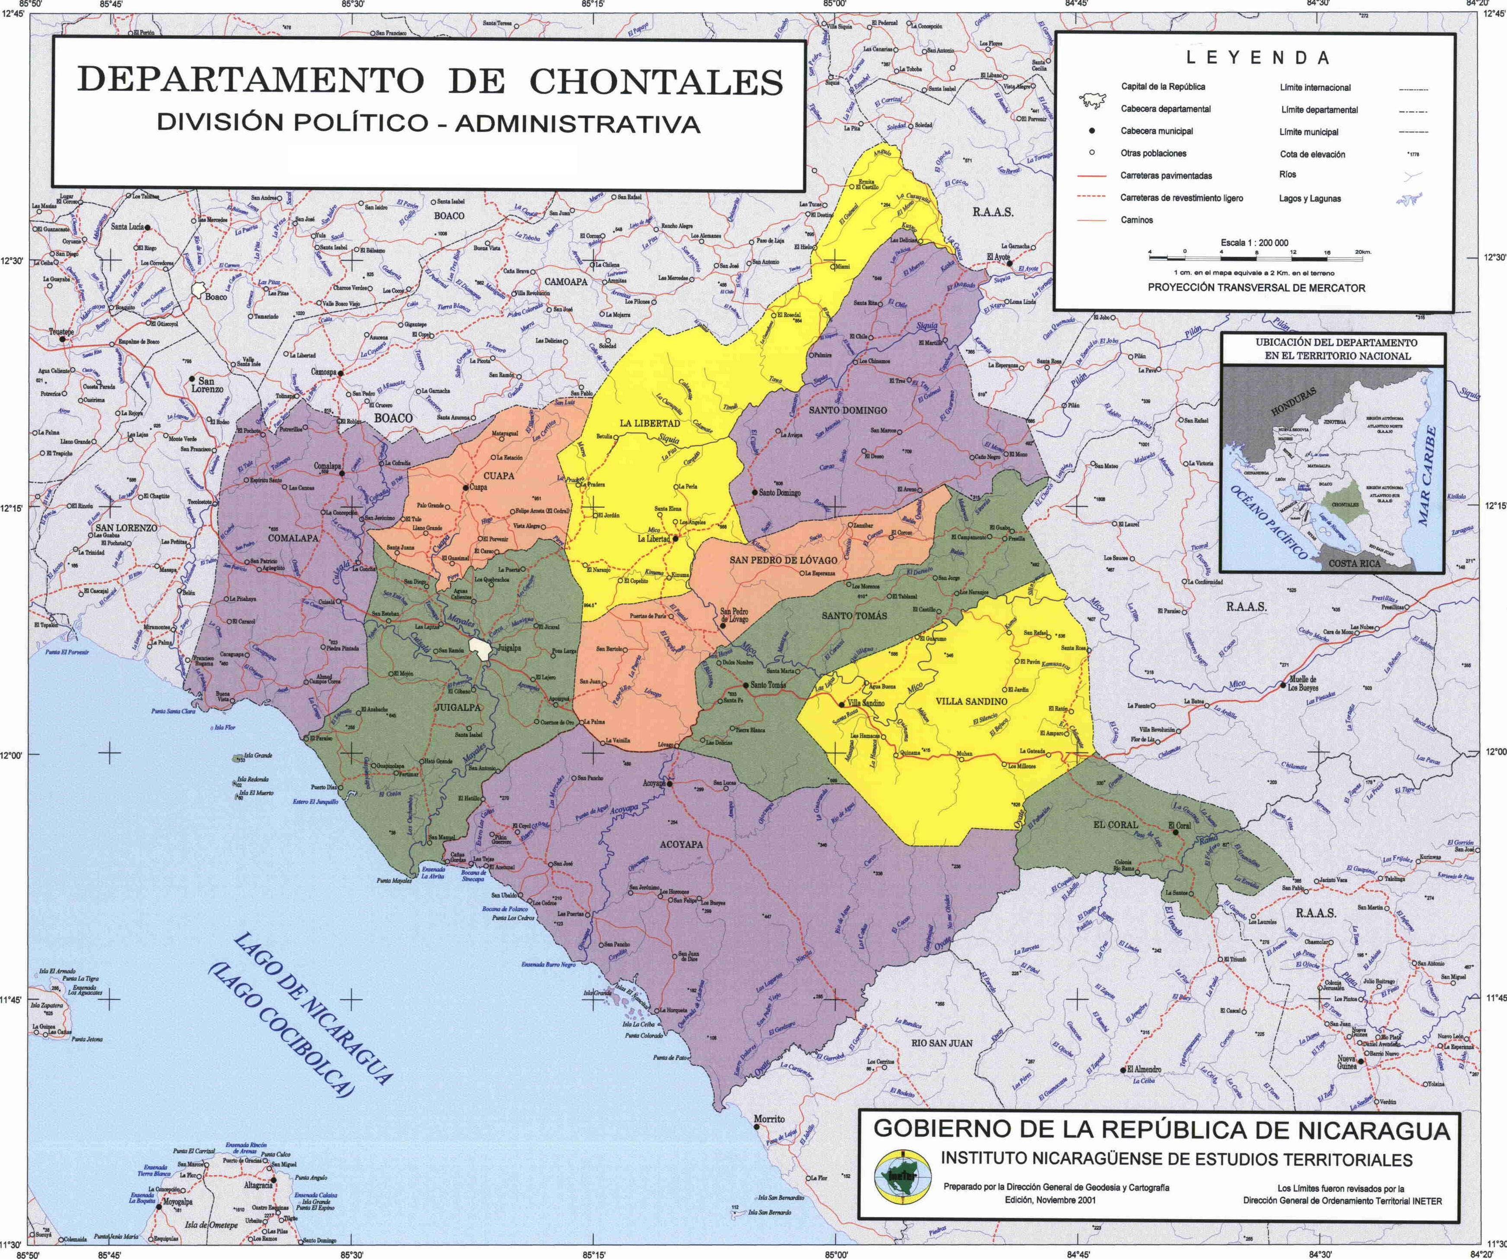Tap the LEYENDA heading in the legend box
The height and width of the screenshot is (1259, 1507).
pos(1257,58)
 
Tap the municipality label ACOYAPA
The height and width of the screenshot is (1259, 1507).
pos(681,844)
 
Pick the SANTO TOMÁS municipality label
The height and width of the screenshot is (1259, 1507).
pos(854,616)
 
